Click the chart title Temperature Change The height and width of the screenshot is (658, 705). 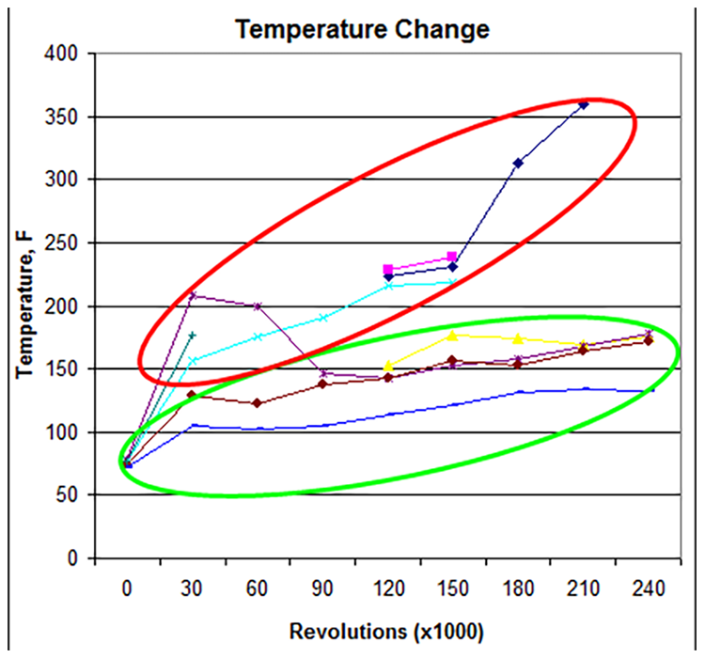363,29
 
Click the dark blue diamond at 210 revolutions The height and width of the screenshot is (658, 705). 584,104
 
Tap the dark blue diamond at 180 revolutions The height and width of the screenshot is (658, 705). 518,163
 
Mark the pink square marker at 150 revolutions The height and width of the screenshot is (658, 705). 452,257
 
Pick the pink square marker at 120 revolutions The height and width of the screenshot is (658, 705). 388,270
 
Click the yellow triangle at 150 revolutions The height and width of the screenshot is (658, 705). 452,335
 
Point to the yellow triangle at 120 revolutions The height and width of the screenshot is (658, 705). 388,366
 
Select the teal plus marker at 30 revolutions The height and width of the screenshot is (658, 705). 192,335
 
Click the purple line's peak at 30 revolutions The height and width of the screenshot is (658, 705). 193,295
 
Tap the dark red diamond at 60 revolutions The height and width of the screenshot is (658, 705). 258,402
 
